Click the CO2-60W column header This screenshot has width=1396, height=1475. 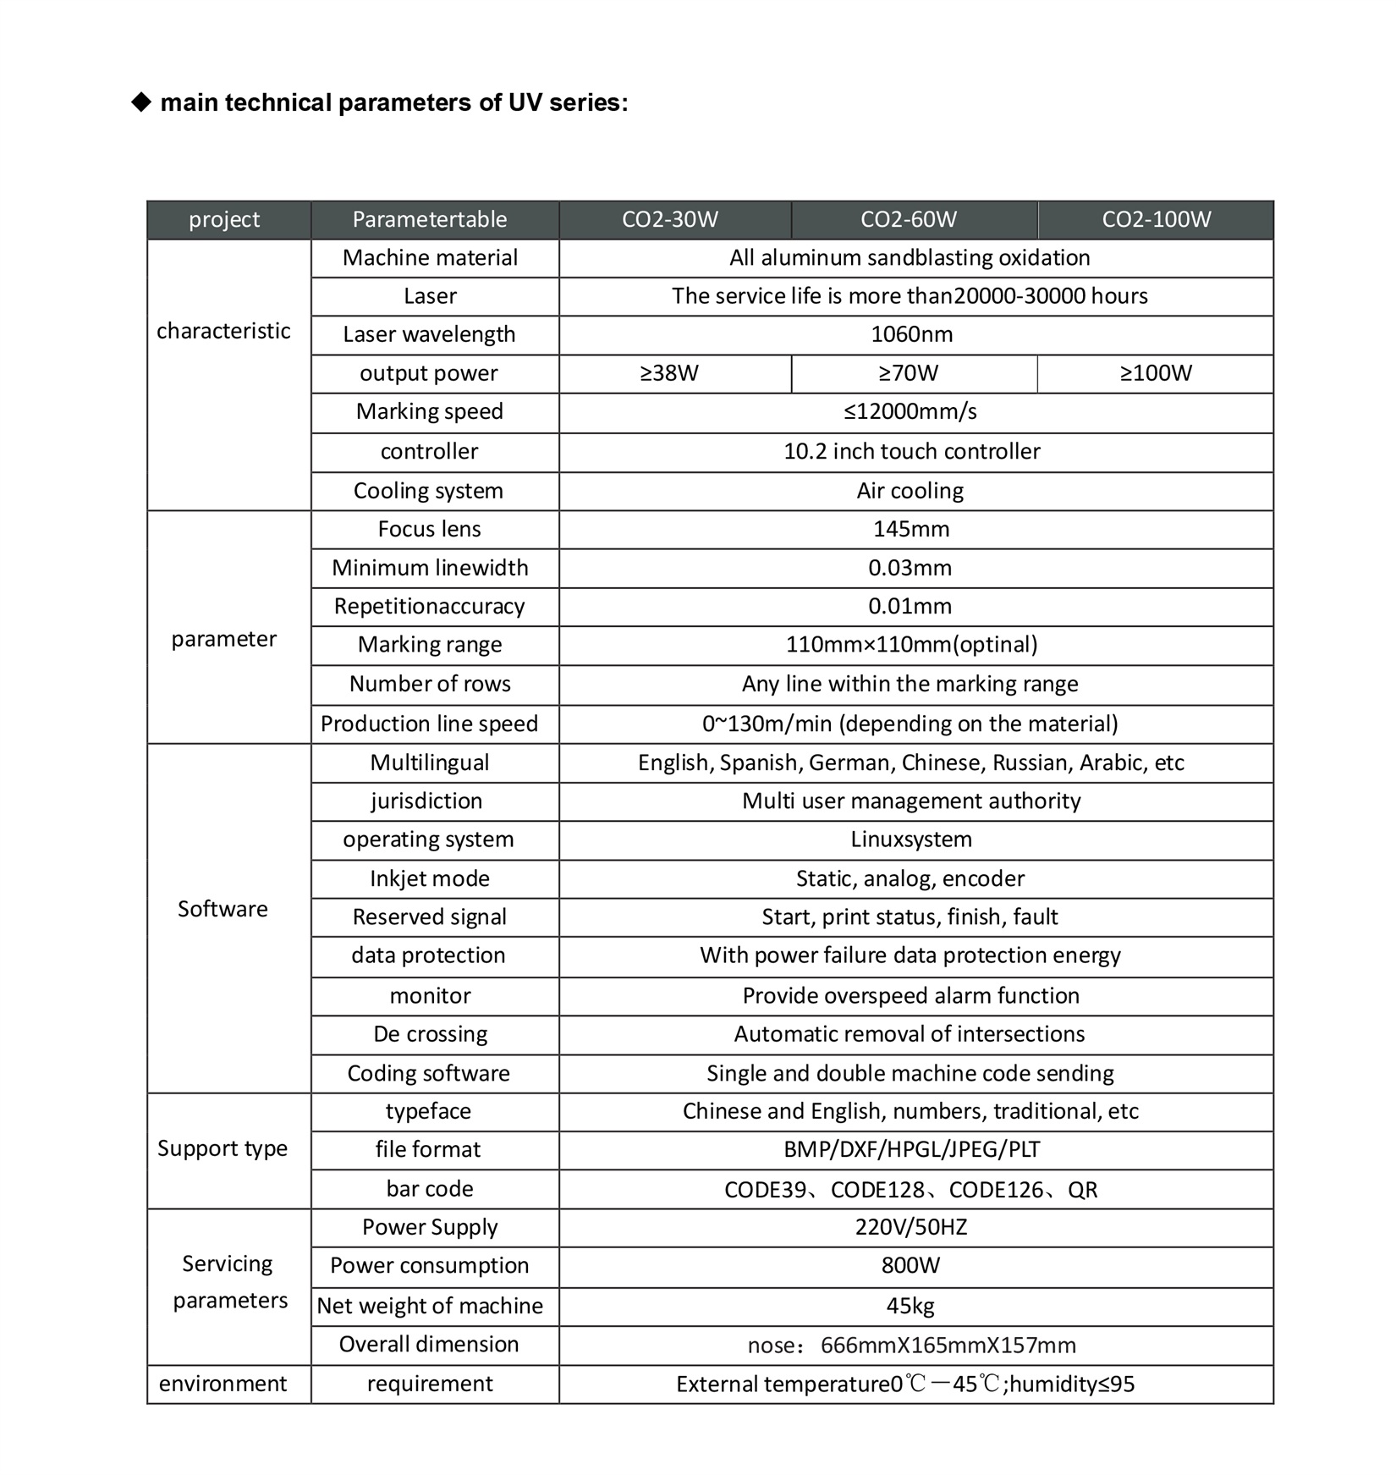pyautogui.click(x=909, y=220)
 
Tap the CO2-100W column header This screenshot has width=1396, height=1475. pyautogui.click(x=1156, y=220)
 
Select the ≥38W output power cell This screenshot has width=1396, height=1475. pyautogui.click(x=669, y=373)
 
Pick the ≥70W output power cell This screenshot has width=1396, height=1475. pyautogui.click(x=909, y=373)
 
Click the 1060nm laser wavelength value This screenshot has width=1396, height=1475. pyautogui.click(x=911, y=334)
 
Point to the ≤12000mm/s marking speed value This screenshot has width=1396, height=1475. pyautogui.click(x=910, y=412)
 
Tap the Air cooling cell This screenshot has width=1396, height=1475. pyautogui.click(x=910, y=491)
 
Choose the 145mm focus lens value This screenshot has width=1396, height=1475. pyautogui.click(x=910, y=530)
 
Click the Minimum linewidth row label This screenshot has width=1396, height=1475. pyautogui.click(x=430, y=568)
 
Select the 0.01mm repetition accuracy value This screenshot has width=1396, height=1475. pyautogui.click(x=910, y=607)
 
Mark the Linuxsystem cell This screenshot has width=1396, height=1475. pyautogui.click(x=910, y=839)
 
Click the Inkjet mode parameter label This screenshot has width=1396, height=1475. pyautogui.click(x=430, y=878)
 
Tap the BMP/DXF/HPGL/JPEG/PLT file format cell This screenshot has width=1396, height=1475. pyautogui.click(x=911, y=1149)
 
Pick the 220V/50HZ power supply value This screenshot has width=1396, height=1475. pyautogui.click(x=910, y=1227)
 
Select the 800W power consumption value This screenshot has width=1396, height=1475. pyautogui.click(x=910, y=1265)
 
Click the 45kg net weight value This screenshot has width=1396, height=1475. pyautogui.click(x=910, y=1306)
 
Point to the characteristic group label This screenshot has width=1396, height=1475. pyautogui.click(x=223, y=331)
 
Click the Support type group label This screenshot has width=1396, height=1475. pyautogui.click(x=223, y=1148)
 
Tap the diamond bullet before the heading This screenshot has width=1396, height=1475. pyautogui.click(x=140, y=102)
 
